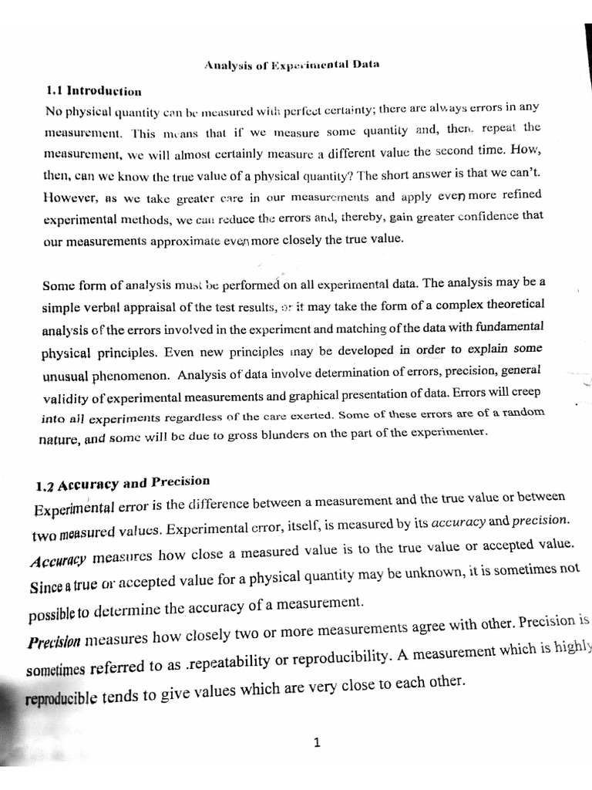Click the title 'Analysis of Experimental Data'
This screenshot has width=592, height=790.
[291, 65]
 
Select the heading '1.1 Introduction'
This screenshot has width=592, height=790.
[94, 90]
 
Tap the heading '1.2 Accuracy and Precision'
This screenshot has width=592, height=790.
[123, 484]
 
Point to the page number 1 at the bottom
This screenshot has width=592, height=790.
[317, 743]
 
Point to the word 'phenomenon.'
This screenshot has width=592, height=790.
[130, 377]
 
